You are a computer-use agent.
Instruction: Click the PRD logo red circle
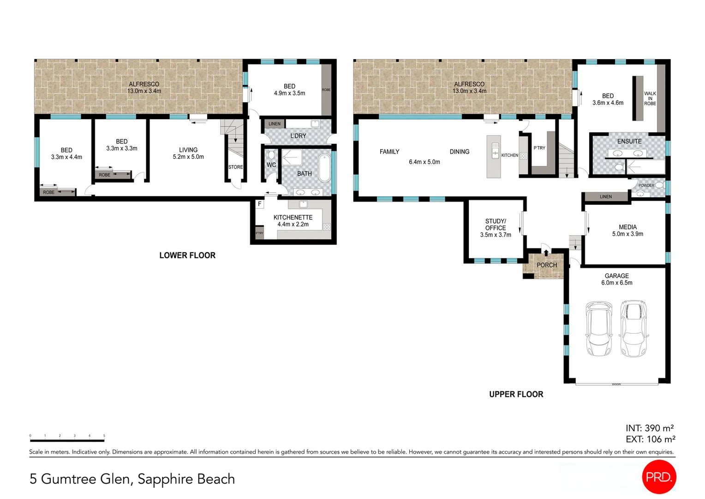(659, 477)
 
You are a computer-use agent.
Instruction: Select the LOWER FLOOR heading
(187, 256)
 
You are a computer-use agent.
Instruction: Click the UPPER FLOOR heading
(516, 394)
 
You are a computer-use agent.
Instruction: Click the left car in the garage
(598, 329)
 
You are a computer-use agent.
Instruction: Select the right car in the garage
(633, 329)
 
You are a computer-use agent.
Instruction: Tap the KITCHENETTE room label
(293, 218)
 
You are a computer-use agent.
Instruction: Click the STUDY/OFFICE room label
(496, 225)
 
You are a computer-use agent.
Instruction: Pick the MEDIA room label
(627, 227)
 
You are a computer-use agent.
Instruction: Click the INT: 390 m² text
(650, 428)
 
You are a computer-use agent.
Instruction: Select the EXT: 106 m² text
(650, 439)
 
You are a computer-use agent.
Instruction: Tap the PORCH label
(547, 265)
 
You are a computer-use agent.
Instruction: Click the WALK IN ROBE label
(650, 98)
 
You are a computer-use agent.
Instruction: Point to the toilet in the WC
(271, 154)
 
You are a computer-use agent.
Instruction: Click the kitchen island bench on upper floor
(494, 157)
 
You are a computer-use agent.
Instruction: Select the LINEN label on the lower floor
(275, 124)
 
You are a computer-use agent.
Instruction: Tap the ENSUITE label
(629, 141)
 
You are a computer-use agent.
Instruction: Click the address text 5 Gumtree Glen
(81, 479)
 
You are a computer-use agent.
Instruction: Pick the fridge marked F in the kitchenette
(260, 204)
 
